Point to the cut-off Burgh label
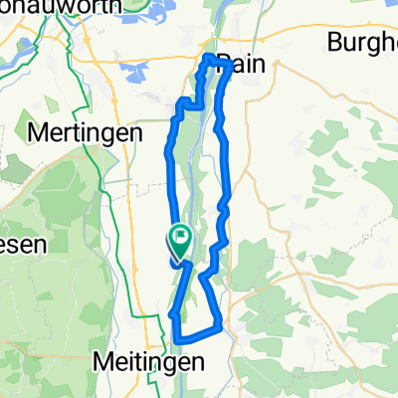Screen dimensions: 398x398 tap(362, 43)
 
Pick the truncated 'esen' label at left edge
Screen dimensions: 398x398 tap(19, 250)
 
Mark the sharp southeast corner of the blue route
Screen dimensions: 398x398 tap(219, 329)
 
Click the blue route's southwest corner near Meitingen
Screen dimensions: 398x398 tap(177, 340)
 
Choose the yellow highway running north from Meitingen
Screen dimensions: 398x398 tap(159, 298)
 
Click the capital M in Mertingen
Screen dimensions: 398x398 tap(38, 131)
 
